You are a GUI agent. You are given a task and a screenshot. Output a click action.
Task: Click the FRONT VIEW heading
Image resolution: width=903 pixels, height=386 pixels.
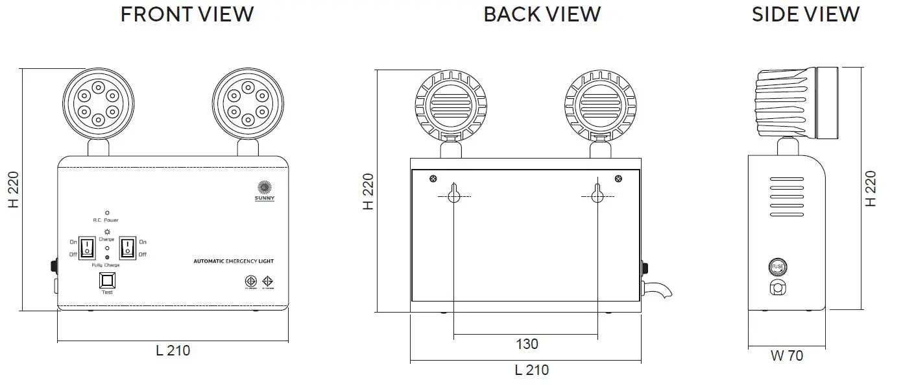coord(187,14)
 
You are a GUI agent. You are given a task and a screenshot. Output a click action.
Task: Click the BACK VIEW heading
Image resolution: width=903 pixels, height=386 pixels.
coord(542,14)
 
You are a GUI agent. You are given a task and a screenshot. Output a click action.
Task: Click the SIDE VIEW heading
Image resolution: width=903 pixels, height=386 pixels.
coord(805,14)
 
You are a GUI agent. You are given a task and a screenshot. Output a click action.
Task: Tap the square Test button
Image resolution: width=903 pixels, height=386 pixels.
coord(107,280)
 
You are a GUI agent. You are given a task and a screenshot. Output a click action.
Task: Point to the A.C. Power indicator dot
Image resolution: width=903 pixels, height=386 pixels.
coord(107,212)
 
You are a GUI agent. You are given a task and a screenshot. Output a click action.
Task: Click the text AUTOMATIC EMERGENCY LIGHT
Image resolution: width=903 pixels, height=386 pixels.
coord(234,261)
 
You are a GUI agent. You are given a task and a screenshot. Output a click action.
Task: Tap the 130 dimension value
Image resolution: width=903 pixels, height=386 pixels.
coord(526,344)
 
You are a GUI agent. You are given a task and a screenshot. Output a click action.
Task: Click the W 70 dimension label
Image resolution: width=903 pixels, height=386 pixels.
coord(787,355)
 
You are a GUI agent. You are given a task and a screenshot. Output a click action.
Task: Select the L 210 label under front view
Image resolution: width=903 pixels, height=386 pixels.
coord(173,351)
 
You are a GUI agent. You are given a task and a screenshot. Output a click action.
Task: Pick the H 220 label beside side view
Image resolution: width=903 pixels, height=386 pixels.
coord(871,189)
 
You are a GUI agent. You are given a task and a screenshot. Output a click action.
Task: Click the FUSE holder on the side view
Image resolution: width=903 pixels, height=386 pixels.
coord(778,267)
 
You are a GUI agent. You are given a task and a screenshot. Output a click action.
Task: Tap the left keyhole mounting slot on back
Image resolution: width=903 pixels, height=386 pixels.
coord(453,192)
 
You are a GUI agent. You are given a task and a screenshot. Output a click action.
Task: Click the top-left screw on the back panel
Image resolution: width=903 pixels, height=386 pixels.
coord(433,179)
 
